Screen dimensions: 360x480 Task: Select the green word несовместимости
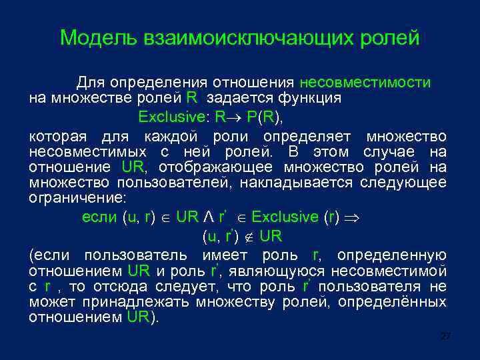coord(365,83)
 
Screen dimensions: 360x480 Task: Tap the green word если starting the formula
coord(100,217)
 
